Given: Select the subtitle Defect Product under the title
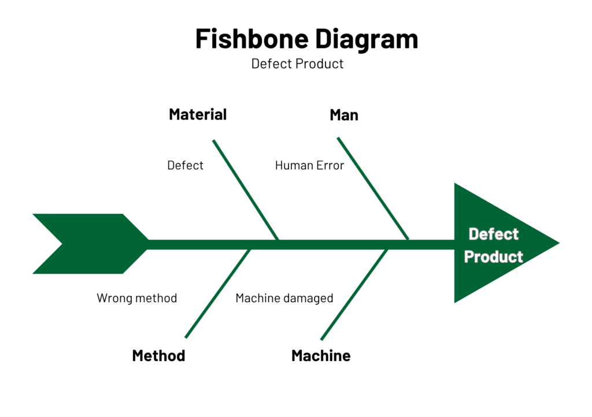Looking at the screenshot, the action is click(297, 64).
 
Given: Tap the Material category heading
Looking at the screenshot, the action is click(198, 114).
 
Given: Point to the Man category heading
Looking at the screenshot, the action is click(344, 115).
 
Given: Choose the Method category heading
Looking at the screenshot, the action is click(158, 356).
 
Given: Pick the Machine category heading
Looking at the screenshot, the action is click(321, 356).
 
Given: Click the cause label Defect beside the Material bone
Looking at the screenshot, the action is click(185, 165).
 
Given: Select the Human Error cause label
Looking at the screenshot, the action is click(309, 165).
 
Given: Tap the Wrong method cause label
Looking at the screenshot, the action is click(136, 298).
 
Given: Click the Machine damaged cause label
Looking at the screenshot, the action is click(284, 298).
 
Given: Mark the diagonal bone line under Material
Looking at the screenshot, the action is click(246, 189).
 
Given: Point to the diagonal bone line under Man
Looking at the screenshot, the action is click(373, 188).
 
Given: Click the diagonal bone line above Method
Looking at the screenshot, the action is click(218, 293).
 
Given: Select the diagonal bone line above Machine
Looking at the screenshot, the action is click(354, 295).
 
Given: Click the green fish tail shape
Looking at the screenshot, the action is click(91, 244).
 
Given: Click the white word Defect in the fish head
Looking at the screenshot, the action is click(494, 234).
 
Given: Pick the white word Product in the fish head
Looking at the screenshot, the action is click(494, 257).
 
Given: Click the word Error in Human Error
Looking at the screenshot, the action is click(330, 165).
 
